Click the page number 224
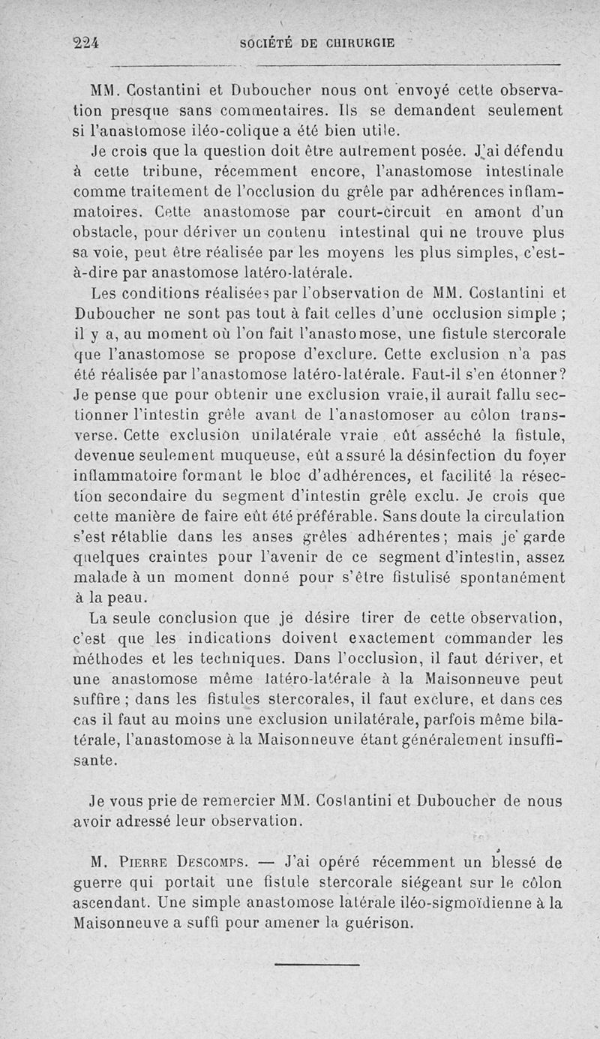click(x=88, y=44)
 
